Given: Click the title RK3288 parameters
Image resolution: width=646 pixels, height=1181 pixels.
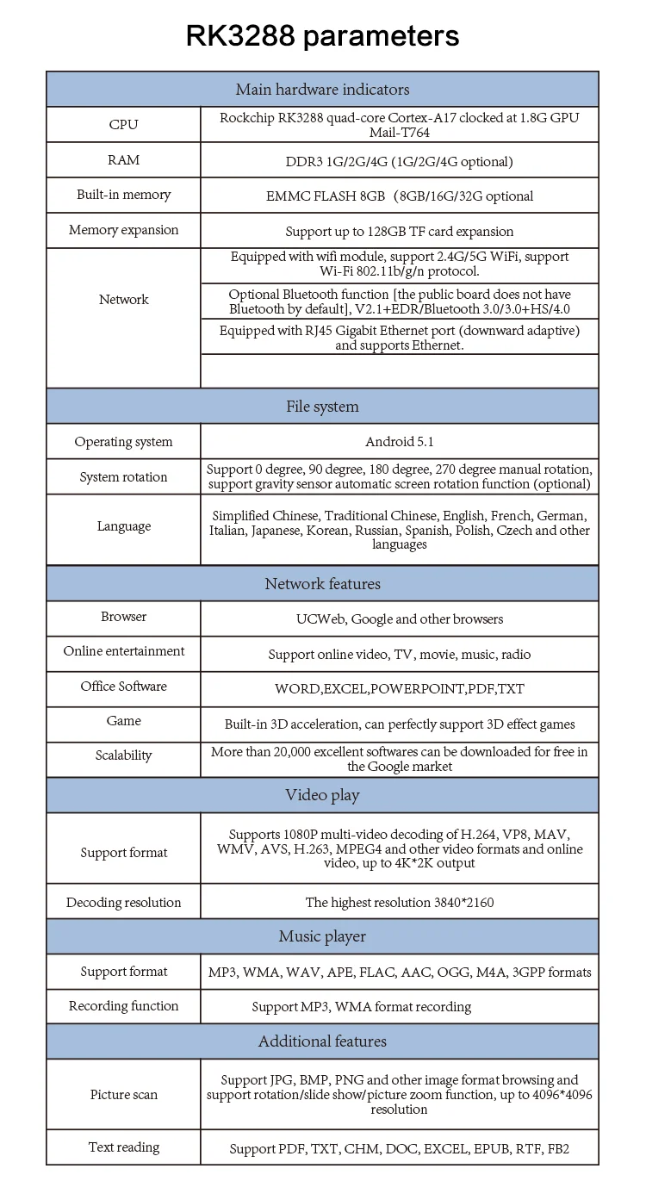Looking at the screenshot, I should coord(322,35).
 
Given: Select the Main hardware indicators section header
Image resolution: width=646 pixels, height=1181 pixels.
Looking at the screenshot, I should coord(322,90).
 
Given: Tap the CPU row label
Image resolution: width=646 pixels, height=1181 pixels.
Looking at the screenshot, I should coord(123,125).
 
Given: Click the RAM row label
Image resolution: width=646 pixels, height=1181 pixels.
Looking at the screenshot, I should coord(123,160).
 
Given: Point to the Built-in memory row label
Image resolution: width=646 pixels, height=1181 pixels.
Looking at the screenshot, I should coord(123,195).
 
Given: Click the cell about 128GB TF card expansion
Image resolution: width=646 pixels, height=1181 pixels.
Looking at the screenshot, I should coord(399,231).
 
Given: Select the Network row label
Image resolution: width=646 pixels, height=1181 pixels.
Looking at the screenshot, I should coord(123,300).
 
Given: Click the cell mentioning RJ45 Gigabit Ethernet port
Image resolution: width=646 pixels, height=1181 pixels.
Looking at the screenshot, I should coord(399,338).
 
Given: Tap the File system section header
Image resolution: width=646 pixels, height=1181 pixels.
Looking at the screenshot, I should coord(322,407).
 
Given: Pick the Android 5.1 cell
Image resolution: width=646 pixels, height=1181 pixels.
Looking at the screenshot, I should coord(399,442).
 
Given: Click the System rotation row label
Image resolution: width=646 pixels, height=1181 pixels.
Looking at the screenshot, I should coord(123,477).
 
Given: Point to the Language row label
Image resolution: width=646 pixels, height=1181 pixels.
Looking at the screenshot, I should coord(123,526).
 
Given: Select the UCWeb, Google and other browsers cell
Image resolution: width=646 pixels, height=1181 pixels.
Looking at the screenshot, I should coord(399,619).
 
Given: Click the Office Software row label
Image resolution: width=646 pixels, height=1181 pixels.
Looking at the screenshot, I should coord(123,687).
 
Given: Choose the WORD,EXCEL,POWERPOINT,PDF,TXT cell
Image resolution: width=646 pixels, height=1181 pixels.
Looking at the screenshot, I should coord(399,689).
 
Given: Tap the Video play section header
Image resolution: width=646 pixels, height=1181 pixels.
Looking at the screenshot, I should coord(322,795).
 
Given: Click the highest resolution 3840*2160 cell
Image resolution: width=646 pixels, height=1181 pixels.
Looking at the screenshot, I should coord(399,903).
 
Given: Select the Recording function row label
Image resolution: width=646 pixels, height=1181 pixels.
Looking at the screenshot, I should coord(123,1006).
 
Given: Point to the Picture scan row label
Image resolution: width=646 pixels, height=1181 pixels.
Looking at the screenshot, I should coord(123,1095).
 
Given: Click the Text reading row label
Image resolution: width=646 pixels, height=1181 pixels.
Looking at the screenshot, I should coord(123,1147).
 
